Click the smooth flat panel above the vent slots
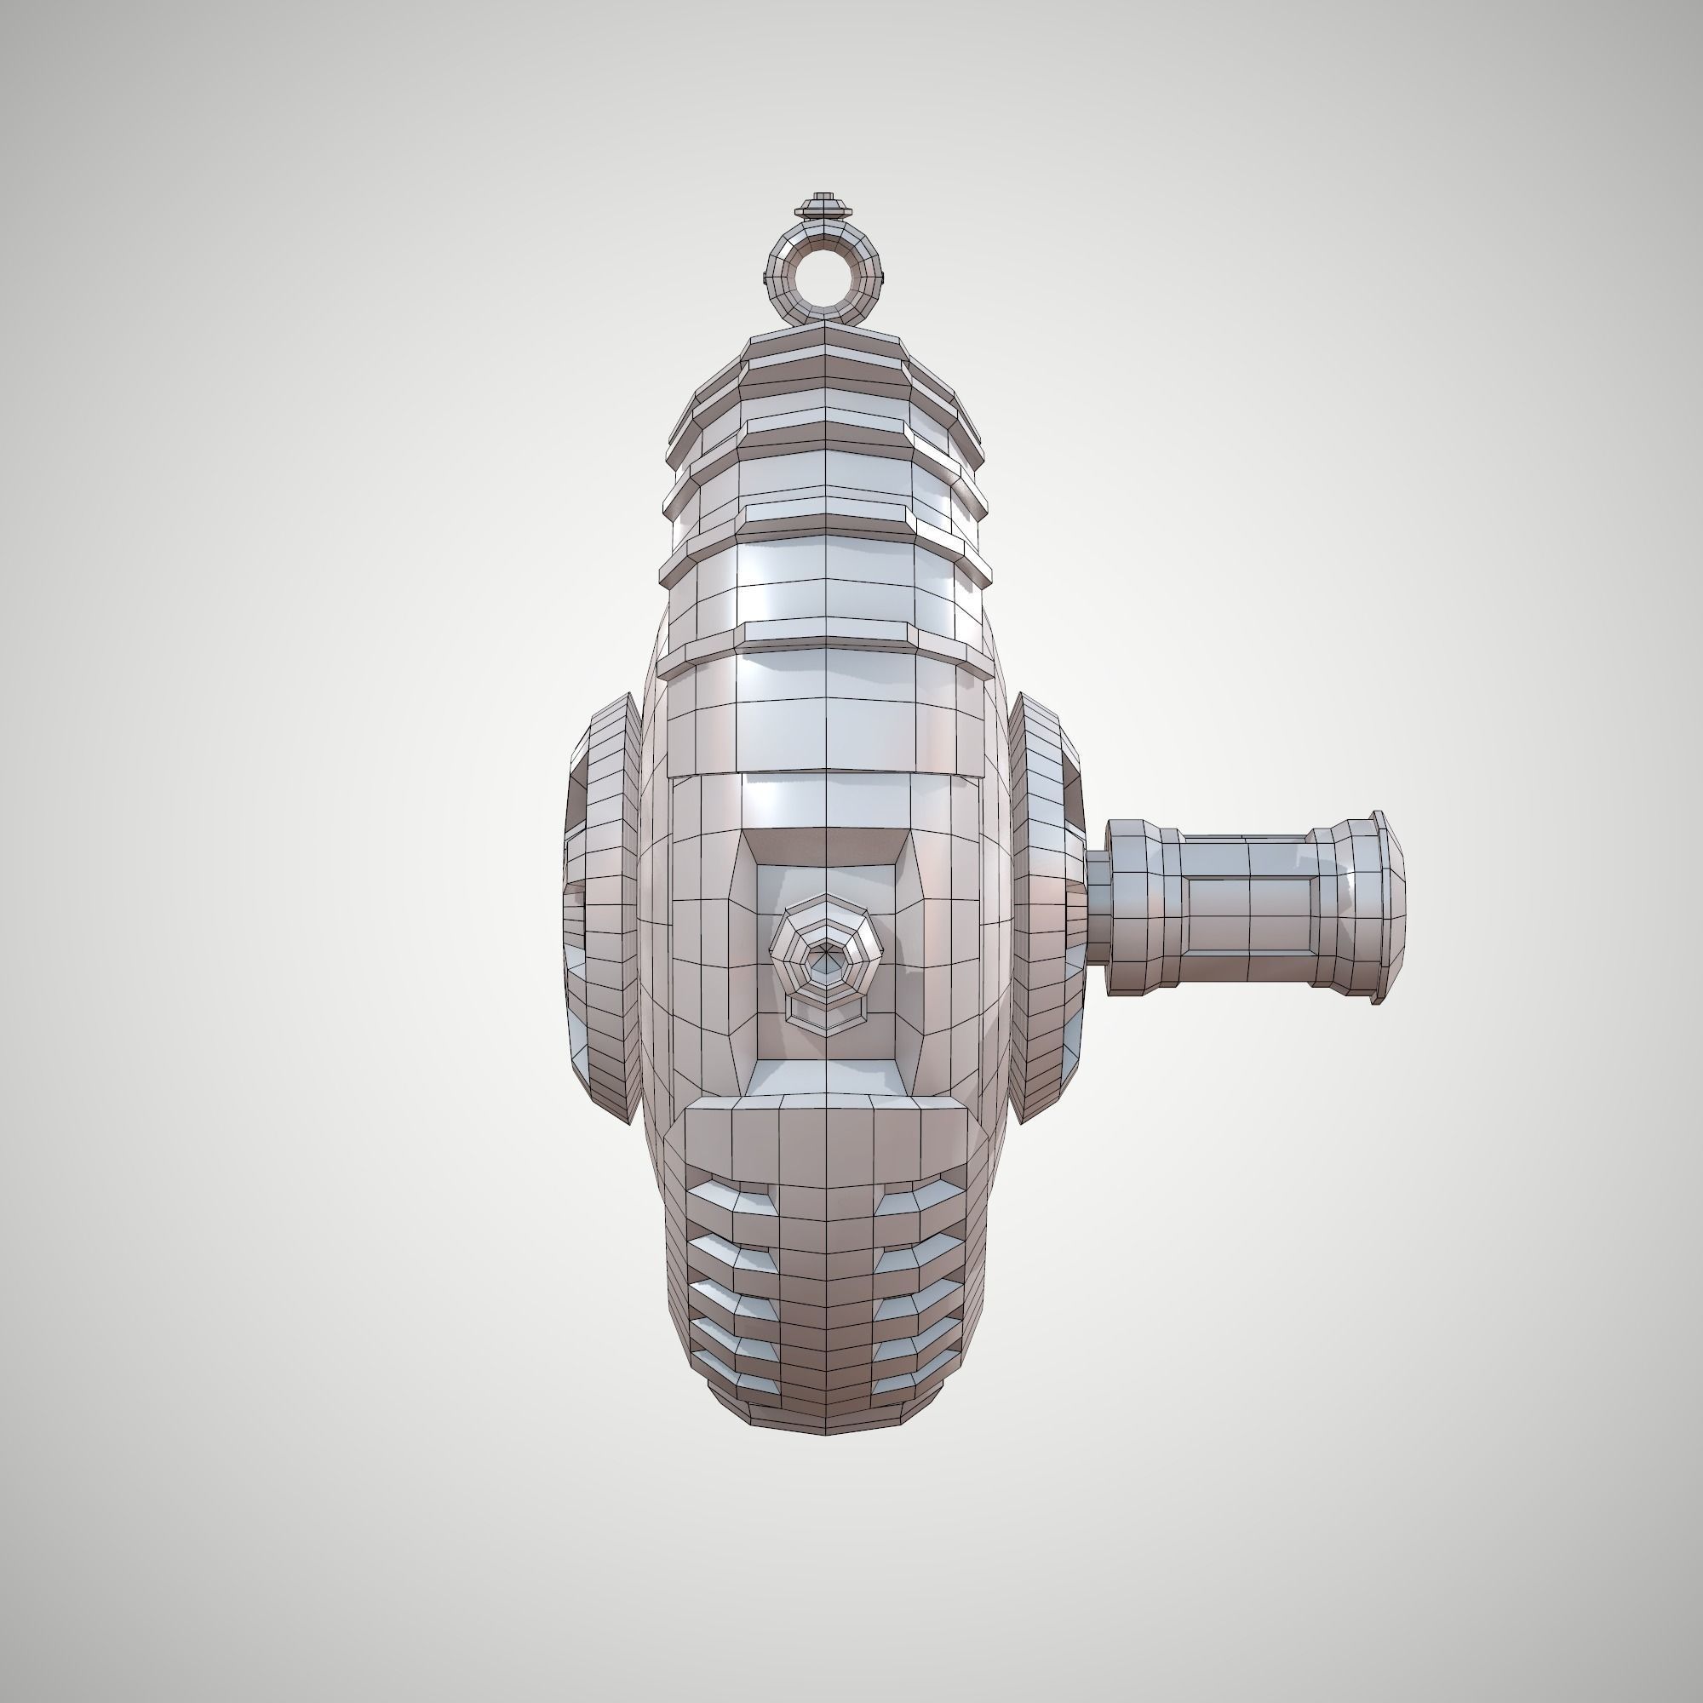coord(825,1137)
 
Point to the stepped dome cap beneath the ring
coord(825,353)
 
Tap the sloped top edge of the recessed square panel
coord(825,846)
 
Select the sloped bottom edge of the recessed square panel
coord(825,1075)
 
